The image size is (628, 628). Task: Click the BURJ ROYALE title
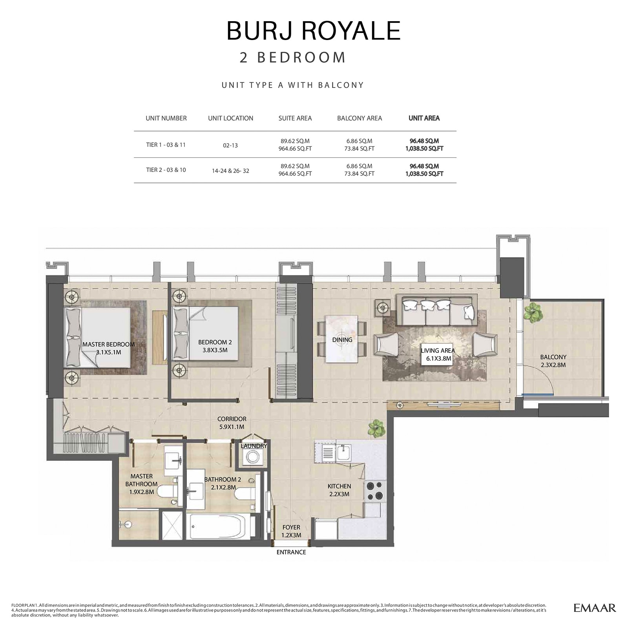[314, 31]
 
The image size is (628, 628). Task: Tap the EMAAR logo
[594, 608]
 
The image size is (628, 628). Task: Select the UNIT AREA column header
[424, 118]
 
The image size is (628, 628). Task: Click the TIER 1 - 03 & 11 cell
[166, 145]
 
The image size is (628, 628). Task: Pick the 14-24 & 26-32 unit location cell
[230, 170]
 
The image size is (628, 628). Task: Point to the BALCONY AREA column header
[359, 118]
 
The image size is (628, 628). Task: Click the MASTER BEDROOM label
[108, 348]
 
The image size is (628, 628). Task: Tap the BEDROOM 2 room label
[215, 346]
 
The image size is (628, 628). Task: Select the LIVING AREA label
[438, 354]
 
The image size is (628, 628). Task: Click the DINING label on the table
[342, 340]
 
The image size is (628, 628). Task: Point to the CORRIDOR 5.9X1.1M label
[232, 423]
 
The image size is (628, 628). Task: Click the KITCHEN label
[339, 490]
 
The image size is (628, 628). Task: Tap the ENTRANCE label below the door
[291, 552]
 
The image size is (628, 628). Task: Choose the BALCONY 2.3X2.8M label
[553, 361]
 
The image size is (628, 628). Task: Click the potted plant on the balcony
[533, 312]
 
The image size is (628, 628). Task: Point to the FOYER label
[291, 531]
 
